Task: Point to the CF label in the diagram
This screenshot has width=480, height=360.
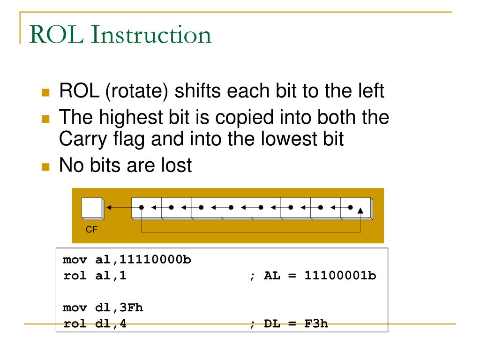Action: point(90,230)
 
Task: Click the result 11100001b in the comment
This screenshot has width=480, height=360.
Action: point(340,276)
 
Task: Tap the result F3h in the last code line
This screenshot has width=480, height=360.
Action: point(317,323)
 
